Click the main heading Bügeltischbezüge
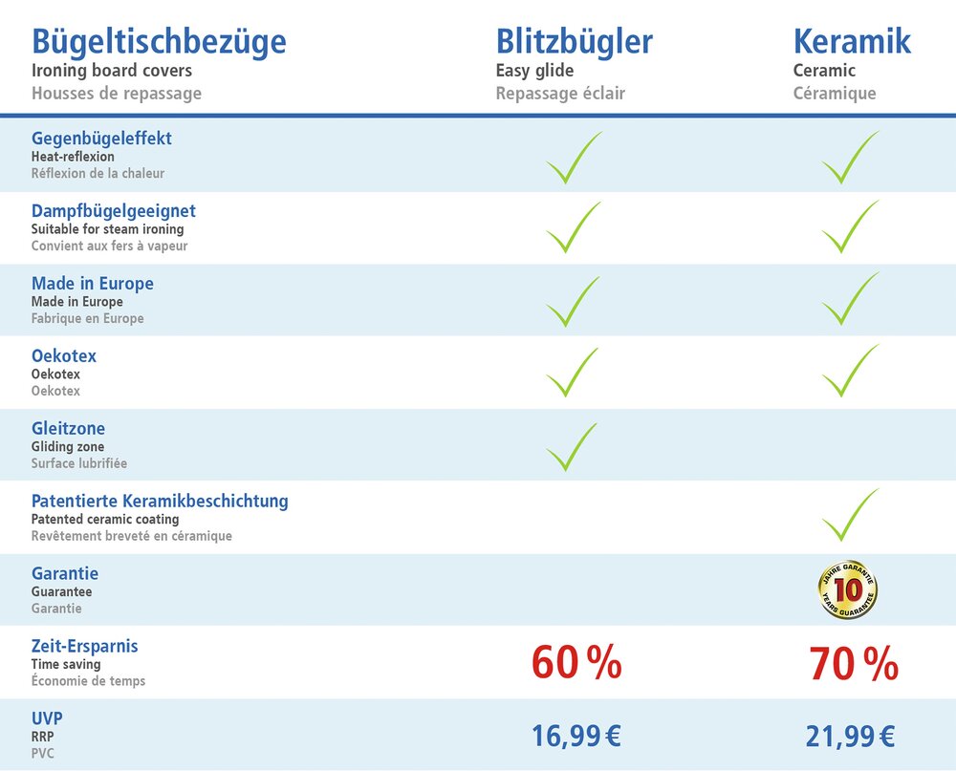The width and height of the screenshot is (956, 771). (159, 42)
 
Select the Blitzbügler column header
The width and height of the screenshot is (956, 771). (574, 42)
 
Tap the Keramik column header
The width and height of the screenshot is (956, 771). (852, 42)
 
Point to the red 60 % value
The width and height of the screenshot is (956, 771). (576, 663)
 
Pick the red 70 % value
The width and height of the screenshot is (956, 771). (853, 663)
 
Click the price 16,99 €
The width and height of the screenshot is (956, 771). (576, 736)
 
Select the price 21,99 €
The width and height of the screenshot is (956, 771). (850, 736)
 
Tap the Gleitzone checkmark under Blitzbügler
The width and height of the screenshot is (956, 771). (571, 447)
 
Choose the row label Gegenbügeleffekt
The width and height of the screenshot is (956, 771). (101, 139)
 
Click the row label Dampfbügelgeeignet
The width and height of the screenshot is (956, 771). (113, 210)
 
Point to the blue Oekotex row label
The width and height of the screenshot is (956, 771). (64, 356)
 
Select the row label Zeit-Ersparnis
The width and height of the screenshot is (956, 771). (84, 647)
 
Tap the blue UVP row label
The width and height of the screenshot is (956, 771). (47, 718)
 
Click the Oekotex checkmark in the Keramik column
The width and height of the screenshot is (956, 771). (849, 371)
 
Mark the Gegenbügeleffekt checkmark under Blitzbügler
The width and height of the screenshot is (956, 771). (573, 158)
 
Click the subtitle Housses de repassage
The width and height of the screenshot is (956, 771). (117, 94)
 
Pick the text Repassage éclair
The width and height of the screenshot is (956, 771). (560, 94)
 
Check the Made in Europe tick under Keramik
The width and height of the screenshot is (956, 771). (849, 299)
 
